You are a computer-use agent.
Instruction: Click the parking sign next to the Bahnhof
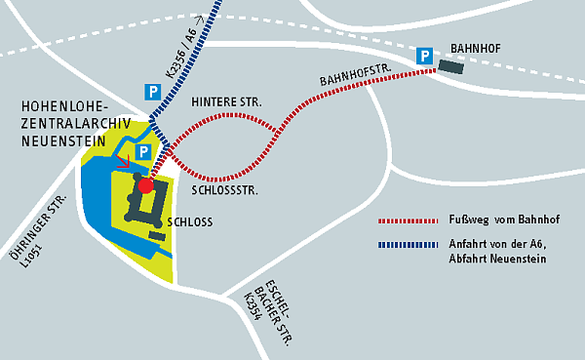tap(425, 57)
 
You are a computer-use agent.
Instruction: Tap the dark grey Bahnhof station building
tap(451, 65)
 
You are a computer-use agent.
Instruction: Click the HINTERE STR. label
tap(226, 101)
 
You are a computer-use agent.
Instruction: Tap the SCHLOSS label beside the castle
tap(190, 222)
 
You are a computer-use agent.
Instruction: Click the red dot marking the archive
tap(145, 185)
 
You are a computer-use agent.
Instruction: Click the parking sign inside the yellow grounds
tap(143, 152)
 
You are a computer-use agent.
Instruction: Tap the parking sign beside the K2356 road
tap(152, 91)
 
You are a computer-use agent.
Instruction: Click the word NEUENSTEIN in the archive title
tap(60, 140)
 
